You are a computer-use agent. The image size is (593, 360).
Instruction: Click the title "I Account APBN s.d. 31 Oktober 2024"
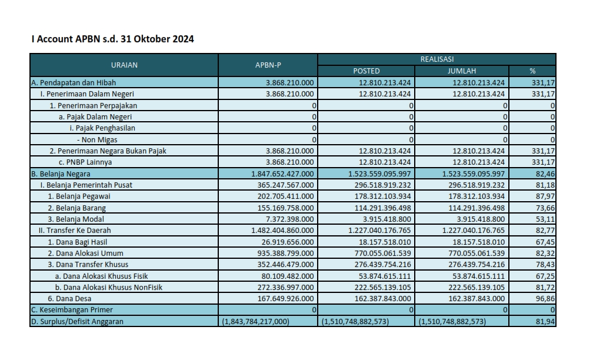(113, 39)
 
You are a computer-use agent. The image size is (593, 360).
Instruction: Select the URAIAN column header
(124, 65)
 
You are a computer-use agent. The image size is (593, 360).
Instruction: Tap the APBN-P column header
(268, 65)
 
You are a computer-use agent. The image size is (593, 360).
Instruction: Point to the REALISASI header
(437, 59)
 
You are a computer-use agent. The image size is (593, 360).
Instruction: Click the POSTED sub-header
(366, 71)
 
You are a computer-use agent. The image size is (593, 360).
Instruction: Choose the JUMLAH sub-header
(462, 71)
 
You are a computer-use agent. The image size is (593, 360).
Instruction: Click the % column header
(532, 71)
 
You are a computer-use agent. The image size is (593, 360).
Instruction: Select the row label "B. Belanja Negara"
(61, 174)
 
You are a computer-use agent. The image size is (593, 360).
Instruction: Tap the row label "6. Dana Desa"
(69, 299)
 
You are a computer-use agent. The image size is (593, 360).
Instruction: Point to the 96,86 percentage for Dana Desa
(545, 299)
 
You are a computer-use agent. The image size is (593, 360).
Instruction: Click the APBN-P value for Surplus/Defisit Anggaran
(256, 321)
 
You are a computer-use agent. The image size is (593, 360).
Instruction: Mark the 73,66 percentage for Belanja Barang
(545, 208)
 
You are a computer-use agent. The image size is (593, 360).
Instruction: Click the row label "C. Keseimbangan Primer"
(72, 310)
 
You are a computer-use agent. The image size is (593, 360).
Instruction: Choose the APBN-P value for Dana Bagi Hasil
(288, 242)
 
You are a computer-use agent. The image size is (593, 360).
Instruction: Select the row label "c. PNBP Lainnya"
(85, 162)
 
